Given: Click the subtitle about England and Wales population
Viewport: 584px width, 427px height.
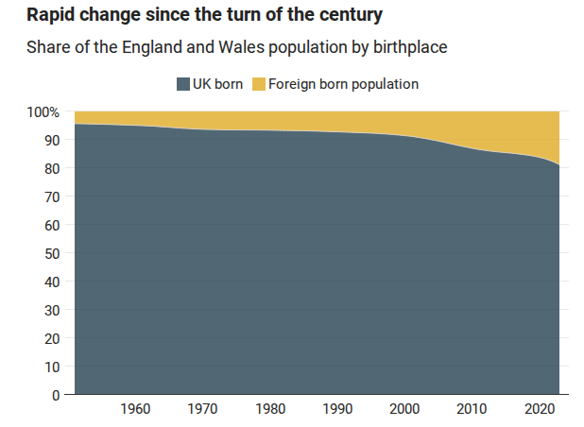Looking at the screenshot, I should (236, 47).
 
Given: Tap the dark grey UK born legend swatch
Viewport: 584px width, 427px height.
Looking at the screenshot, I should (182, 84).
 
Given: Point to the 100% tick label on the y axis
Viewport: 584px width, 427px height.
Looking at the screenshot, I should (43, 112).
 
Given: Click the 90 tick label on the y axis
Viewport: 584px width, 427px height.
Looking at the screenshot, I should (53, 140).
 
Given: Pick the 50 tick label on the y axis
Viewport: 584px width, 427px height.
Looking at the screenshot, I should (53, 253).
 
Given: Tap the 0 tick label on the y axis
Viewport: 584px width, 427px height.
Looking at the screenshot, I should (57, 395).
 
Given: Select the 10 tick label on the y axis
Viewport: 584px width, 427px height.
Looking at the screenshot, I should (53, 367).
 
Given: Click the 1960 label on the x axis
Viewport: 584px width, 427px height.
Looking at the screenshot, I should (136, 410).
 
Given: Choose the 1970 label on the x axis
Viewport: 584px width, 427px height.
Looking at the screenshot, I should (203, 410).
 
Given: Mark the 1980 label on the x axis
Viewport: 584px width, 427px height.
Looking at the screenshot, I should (270, 410).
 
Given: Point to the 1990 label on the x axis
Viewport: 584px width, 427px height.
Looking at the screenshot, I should (337, 410).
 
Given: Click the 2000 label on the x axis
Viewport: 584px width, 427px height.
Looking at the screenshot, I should (404, 410).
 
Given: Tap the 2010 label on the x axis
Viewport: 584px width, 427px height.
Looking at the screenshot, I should (472, 410).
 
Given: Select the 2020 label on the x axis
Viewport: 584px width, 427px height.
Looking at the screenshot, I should (539, 410).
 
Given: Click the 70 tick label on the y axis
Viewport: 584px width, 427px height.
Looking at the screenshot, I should (53, 196).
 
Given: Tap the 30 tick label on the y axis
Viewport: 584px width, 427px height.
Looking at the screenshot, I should (53, 310).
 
